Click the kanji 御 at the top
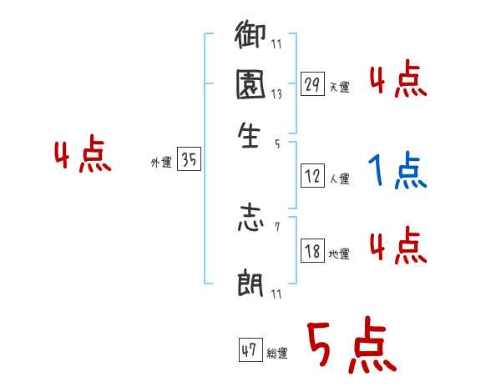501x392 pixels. (x=250, y=38)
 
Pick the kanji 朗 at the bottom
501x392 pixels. (x=250, y=284)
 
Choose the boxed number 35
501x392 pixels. (x=189, y=161)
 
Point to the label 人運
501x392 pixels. (x=339, y=178)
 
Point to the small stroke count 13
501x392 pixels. (x=276, y=94)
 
